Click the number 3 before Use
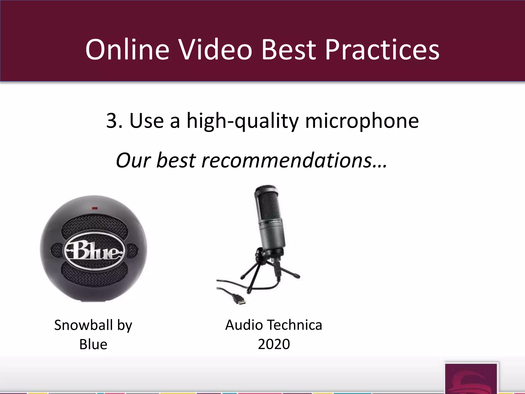tap(112, 121)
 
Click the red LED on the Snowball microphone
tap(95, 208)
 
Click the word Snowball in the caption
tap(83, 325)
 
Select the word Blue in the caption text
tap(93, 344)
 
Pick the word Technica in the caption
tap(295, 325)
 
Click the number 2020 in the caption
tap(274, 344)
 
